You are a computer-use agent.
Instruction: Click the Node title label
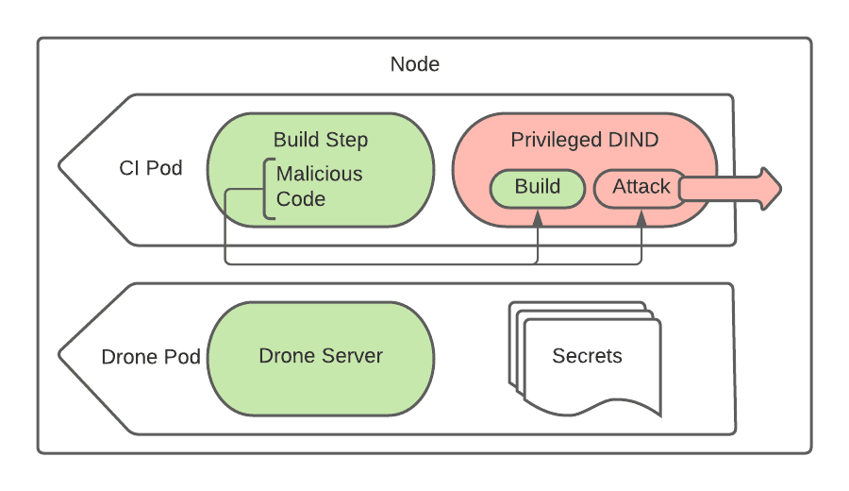tap(415, 65)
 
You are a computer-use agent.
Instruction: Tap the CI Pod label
tap(151, 168)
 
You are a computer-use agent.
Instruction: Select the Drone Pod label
tap(151, 358)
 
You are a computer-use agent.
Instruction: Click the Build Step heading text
tap(321, 141)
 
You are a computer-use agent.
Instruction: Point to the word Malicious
tap(319, 175)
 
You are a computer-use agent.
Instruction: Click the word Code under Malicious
tap(301, 199)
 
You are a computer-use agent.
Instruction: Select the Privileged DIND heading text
tap(584, 141)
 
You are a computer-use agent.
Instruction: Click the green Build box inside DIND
tap(537, 187)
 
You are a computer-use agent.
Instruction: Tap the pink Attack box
tap(641, 187)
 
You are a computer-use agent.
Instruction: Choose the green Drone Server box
tap(321, 357)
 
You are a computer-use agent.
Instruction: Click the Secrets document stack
tap(587, 359)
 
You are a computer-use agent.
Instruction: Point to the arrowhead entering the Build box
tap(537, 217)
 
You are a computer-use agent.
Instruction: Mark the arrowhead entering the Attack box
tap(641, 217)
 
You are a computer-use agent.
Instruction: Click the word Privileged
tap(556, 141)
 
